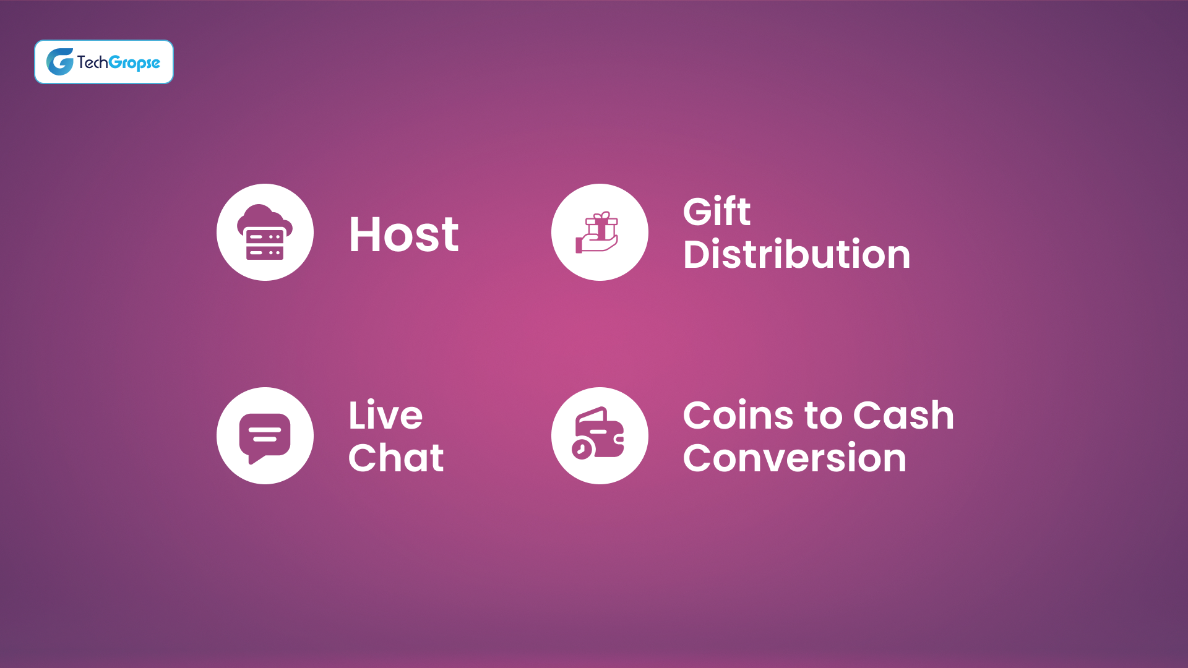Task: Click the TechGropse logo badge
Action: [104, 62]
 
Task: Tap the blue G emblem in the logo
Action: [60, 62]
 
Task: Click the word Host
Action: [403, 234]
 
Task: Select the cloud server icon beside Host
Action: [265, 233]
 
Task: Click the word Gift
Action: [717, 212]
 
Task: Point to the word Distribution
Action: [796, 254]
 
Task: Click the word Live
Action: [385, 415]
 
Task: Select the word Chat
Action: [396, 458]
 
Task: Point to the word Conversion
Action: [794, 458]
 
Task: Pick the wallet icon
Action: [599, 435]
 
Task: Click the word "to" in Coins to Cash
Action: [817, 415]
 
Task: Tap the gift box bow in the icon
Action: [601, 215]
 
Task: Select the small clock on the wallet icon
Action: [582, 449]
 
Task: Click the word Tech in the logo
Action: [92, 62]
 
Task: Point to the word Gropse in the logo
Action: [134, 62]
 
